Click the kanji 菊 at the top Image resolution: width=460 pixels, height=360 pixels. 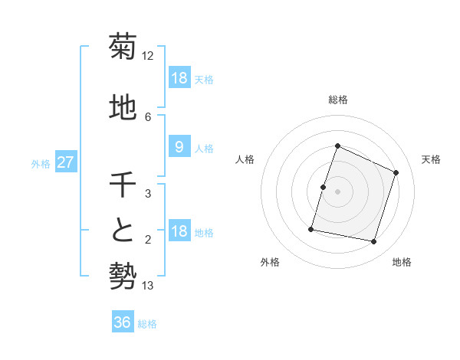pyautogui.click(x=123, y=47)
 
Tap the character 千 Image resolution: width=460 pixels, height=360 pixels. pyautogui.click(x=123, y=185)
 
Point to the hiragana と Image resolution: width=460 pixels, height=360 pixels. pyautogui.click(x=123, y=230)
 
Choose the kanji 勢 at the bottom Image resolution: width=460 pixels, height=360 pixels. pyautogui.click(x=123, y=274)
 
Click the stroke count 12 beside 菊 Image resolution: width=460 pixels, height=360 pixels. pyautogui.click(x=148, y=56)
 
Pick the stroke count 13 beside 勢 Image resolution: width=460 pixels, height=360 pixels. pyautogui.click(x=148, y=286)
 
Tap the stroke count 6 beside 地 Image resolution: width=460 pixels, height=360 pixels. pyautogui.click(x=148, y=116)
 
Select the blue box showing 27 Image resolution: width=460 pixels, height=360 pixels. pyautogui.click(x=66, y=162)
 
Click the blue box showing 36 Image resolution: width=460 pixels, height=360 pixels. pyautogui.click(x=123, y=322)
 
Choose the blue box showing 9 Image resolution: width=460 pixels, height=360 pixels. pyautogui.click(x=179, y=147)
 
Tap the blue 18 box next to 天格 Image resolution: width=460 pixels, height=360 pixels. pyautogui.click(x=179, y=78)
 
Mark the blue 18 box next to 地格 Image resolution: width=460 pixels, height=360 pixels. pyautogui.click(x=179, y=231)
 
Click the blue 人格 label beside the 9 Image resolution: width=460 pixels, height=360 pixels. pyautogui.click(x=204, y=148)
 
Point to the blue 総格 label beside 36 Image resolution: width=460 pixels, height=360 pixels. pyautogui.click(x=147, y=324)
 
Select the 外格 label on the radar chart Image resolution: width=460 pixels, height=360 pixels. pyautogui.click(x=270, y=262)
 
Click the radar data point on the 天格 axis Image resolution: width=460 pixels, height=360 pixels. pyautogui.click(x=396, y=172)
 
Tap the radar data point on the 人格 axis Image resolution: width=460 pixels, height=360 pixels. pyautogui.click(x=323, y=187)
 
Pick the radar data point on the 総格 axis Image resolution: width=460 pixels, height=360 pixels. pyautogui.click(x=337, y=146)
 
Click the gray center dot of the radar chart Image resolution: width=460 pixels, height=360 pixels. pyautogui.click(x=337, y=191)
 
